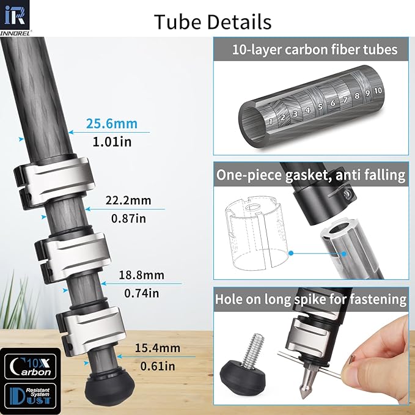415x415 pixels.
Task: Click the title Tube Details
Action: click(x=213, y=21)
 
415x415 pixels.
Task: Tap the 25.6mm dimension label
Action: click(x=111, y=124)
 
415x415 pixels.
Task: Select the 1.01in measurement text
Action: click(x=111, y=142)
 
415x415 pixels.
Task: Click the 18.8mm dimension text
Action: click(x=142, y=275)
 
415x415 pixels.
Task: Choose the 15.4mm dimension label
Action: click(x=157, y=348)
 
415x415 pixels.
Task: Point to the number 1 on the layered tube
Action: click(x=270, y=120)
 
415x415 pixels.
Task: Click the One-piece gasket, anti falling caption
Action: click(x=311, y=175)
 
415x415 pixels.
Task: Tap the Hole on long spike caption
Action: click(x=311, y=299)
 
